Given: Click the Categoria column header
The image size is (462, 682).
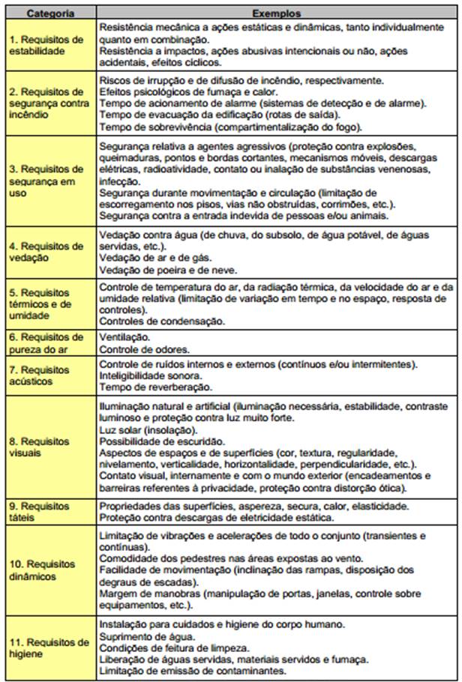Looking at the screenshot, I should point(48,13).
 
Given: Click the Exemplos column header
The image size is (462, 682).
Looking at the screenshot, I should point(276,13).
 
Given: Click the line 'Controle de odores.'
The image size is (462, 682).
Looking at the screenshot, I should point(144,349).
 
